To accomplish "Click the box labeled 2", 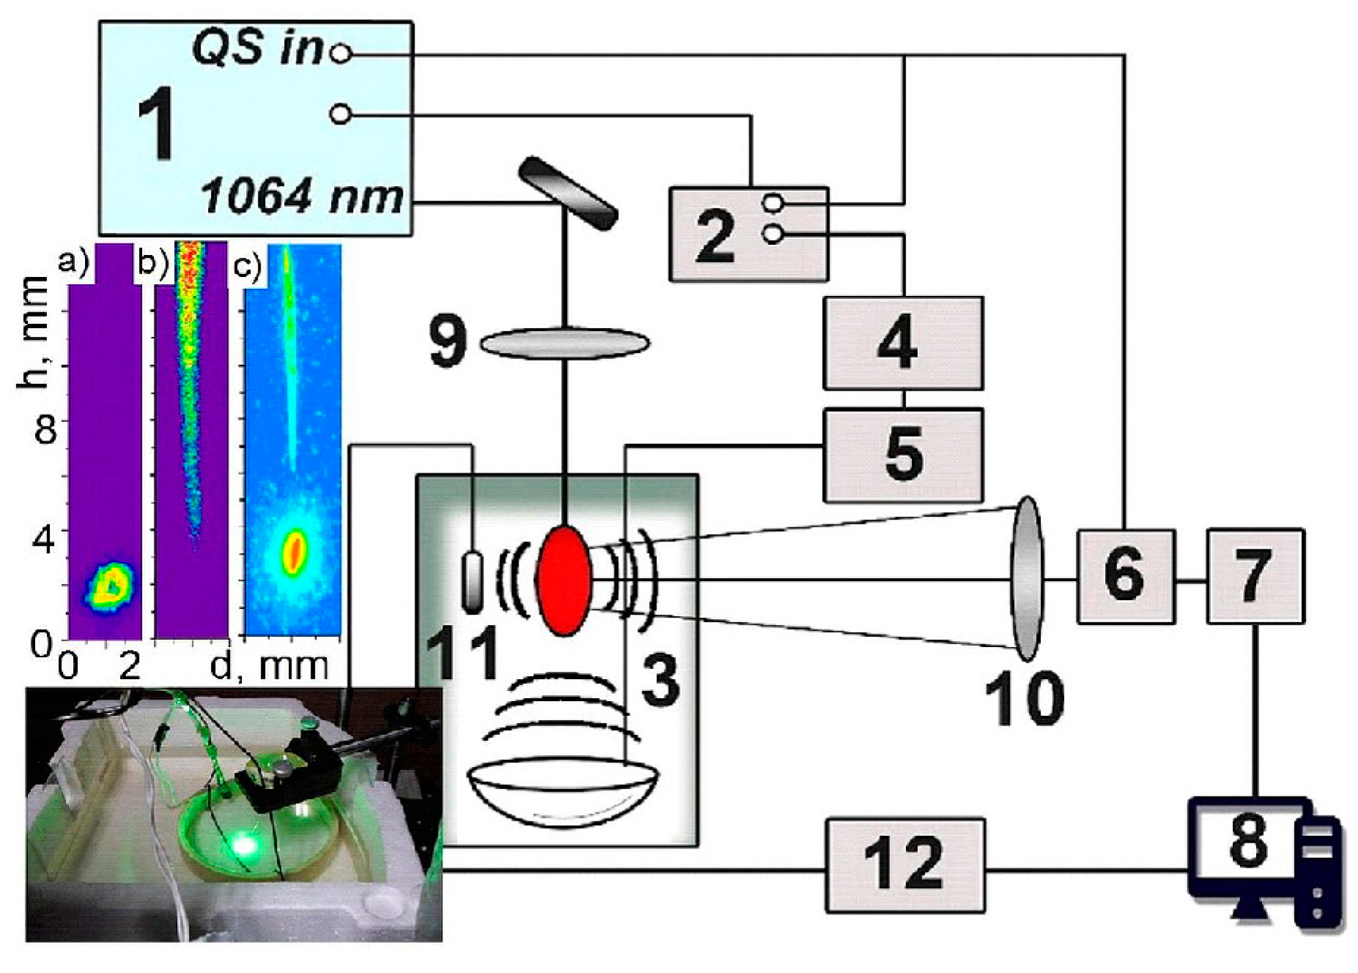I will (x=749, y=234).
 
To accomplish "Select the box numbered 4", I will (x=902, y=343).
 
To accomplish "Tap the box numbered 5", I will (x=902, y=455).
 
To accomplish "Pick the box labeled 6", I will (x=1125, y=577).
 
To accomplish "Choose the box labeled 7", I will (x=1255, y=577).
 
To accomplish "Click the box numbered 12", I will (x=905, y=865).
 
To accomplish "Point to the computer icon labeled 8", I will (x=1264, y=857).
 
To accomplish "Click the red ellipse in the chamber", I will (x=564, y=579).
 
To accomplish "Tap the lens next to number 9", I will (x=565, y=343).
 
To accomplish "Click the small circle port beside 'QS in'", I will (x=340, y=53).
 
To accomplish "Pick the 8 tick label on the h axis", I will (x=45, y=430).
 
